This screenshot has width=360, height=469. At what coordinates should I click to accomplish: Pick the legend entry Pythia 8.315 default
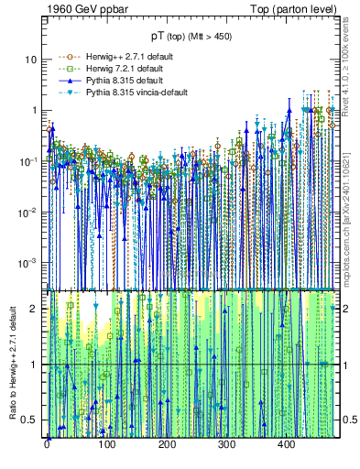point(115,80)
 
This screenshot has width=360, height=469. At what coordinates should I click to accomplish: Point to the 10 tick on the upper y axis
point(33,60)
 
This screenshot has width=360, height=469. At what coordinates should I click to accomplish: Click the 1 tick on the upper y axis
point(36,110)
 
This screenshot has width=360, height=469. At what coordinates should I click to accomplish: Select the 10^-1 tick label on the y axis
point(30,160)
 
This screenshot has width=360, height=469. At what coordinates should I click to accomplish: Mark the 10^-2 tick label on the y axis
point(30,212)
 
